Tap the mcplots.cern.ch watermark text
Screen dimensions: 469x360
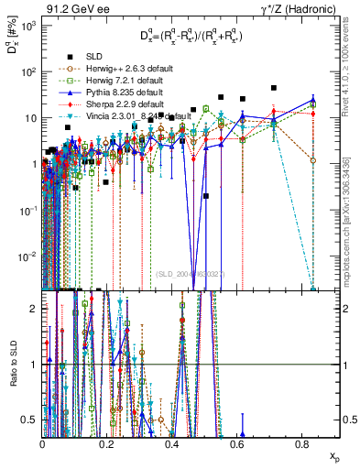[x=350, y=229]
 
